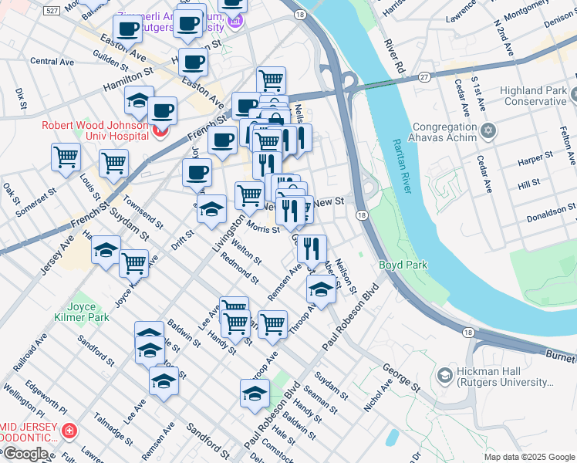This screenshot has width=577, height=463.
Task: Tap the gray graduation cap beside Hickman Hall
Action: (x=444, y=375)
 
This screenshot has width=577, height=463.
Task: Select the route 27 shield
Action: (x=424, y=76)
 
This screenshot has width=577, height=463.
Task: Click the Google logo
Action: (x=25, y=454)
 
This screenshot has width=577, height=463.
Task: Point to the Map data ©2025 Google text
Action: (x=529, y=457)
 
